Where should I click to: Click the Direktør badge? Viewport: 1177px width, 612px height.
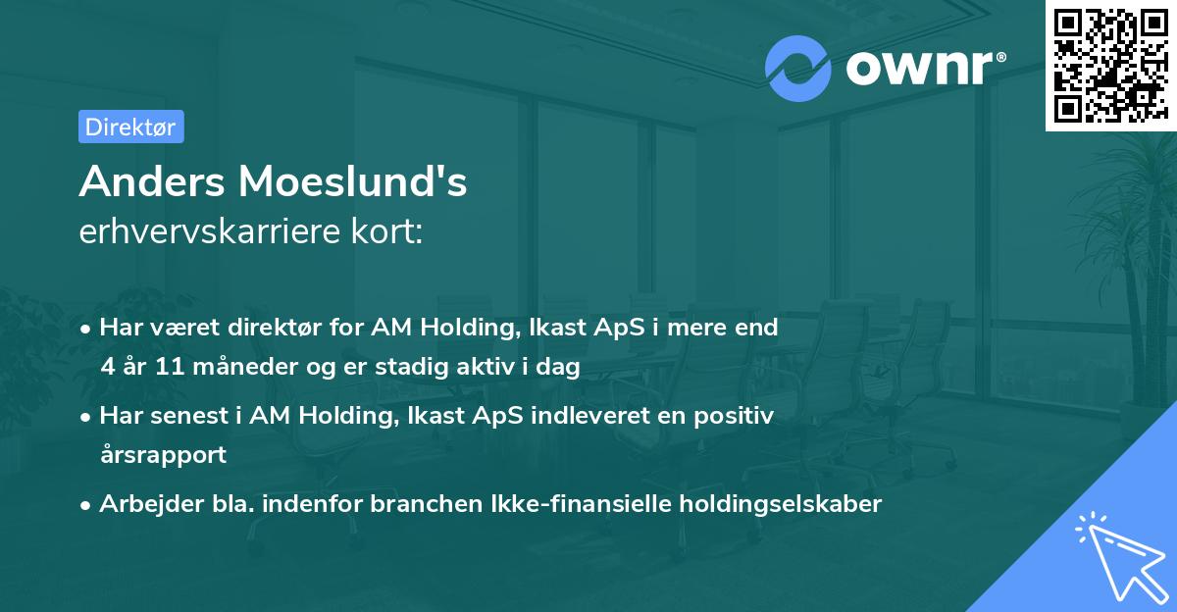130,127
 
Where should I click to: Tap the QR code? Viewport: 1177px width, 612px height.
1108,65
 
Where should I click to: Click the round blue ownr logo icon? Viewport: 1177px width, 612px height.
798,68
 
